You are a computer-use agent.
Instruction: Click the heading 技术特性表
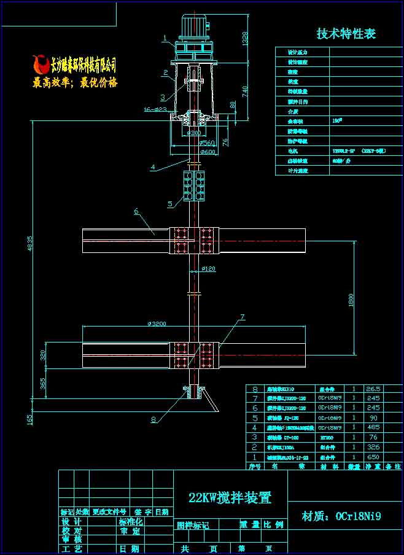(x=346, y=34)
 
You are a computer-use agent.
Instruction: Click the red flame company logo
(x=40, y=63)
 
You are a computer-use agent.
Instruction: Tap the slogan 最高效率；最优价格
(x=75, y=82)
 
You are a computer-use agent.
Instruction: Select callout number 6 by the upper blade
(x=136, y=213)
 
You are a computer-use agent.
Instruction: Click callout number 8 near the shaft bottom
(x=153, y=419)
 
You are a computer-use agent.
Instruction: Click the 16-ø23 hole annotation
(x=155, y=110)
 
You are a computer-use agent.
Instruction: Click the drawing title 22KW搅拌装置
(x=230, y=498)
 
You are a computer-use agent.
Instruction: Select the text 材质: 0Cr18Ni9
(x=341, y=516)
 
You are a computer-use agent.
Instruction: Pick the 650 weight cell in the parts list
(x=373, y=457)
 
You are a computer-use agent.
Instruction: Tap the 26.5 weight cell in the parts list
(x=373, y=389)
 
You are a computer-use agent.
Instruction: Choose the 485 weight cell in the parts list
(x=373, y=427)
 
